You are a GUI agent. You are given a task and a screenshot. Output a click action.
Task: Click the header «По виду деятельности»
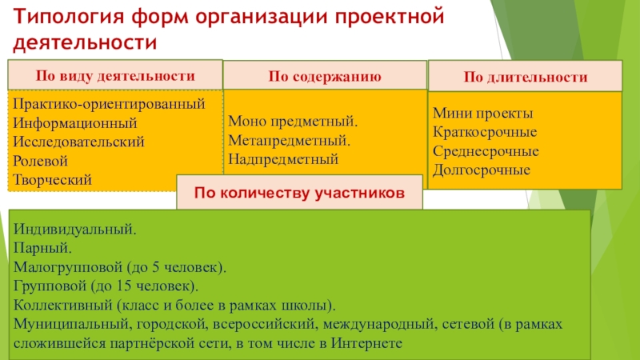115,76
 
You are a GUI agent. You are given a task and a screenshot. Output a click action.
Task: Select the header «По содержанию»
324,78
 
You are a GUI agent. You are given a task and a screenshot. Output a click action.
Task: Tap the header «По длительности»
526,78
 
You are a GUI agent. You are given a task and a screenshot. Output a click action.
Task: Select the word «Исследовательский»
78,142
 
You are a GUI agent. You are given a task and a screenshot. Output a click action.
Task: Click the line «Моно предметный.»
293,122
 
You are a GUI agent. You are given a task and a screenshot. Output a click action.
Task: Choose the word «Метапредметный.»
290,141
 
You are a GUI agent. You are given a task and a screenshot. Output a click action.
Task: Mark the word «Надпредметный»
282,159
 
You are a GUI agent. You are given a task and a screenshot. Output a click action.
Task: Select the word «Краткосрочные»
484,133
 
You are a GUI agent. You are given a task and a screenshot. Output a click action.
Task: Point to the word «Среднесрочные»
485,151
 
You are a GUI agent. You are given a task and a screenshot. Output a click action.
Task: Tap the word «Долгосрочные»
482,170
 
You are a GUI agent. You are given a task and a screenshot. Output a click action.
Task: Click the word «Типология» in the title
61,17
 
